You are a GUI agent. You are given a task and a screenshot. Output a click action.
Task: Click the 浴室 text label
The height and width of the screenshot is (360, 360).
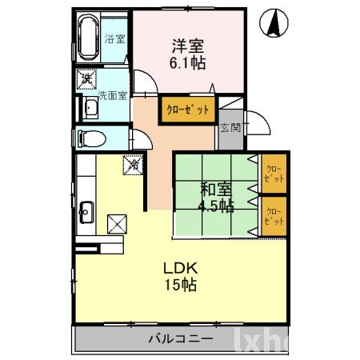pos(117,38)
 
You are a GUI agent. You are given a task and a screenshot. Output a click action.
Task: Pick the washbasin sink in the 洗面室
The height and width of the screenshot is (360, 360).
pos(85,108)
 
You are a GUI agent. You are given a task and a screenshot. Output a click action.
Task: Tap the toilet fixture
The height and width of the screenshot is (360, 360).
pos(90,138)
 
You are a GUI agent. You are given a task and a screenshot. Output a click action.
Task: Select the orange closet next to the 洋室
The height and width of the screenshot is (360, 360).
pos(189,109)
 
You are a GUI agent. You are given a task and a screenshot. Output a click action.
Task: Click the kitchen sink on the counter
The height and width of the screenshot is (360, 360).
pos(87,213)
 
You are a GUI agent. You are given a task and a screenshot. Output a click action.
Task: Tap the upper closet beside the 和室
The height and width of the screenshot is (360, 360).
pos(274,173)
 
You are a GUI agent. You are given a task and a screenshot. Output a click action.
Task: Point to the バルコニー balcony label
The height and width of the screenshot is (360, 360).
pos(181,338)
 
